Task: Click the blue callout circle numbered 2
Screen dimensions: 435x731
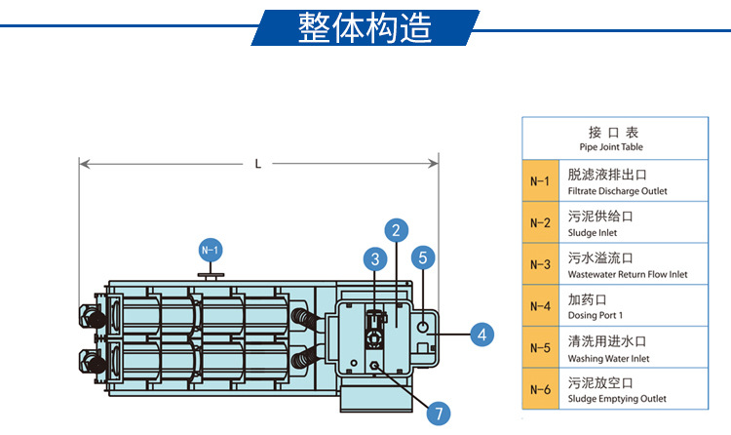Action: [x=395, y=231]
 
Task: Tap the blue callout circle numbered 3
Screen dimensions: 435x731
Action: [x=373, y=258]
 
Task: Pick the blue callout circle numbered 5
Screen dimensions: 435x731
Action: [x=422, y=257]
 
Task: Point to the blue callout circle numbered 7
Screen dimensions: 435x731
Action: [x=440, y=413]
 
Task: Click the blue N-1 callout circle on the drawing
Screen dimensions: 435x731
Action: [x=211, y=250]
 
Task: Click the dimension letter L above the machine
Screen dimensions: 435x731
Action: [x=258, y=164]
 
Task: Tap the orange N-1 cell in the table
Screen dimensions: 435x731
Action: [x=540, y=181]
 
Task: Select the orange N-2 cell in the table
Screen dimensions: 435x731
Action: [x=540, y=222]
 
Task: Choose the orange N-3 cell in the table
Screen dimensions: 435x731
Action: [x=540, y=264]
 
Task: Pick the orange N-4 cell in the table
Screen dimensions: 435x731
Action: [x=540, y=306]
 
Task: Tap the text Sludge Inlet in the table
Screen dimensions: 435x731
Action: [x=592, y=233]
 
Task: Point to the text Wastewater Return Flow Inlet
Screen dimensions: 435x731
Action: [x=627, y=275]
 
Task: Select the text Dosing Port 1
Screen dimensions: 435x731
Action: [x=595, y=316]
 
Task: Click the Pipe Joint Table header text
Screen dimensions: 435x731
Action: [x=611, y=147]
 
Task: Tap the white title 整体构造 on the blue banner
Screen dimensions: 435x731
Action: [x=365, y=28]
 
